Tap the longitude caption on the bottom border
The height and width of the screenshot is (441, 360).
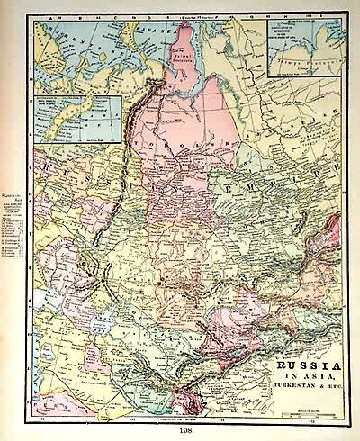[x=181, y=420]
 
